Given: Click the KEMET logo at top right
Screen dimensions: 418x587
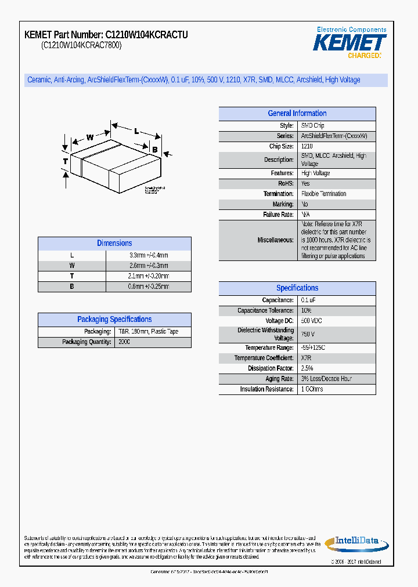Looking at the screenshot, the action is coord(349,42).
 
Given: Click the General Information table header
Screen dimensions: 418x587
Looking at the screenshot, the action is coord(297,114).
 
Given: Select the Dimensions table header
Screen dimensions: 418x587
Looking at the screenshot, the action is coord(114,244).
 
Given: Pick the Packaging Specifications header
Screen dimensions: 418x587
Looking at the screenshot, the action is coord(114,320).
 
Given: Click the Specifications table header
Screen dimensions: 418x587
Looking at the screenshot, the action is coord(297,288).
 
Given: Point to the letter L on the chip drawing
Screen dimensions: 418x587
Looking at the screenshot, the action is coord(136,131).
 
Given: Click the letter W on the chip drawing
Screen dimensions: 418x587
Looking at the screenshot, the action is coord(90,137).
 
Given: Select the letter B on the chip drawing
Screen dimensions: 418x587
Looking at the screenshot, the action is coord(154,150).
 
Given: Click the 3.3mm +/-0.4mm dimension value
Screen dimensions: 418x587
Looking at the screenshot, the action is coord(149,255).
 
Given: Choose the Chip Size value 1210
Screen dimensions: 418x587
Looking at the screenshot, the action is coord(307,147).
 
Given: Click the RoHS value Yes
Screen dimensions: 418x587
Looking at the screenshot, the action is coord(305,183).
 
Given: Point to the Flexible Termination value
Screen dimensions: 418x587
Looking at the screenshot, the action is coord(323,194).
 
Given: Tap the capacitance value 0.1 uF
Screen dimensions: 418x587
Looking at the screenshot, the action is coord(308,300).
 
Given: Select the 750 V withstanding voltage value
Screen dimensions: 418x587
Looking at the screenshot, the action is coord(308,334).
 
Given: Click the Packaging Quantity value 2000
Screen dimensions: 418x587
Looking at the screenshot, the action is coord(124,342).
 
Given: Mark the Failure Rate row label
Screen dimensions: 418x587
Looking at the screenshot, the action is coord(278,215).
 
